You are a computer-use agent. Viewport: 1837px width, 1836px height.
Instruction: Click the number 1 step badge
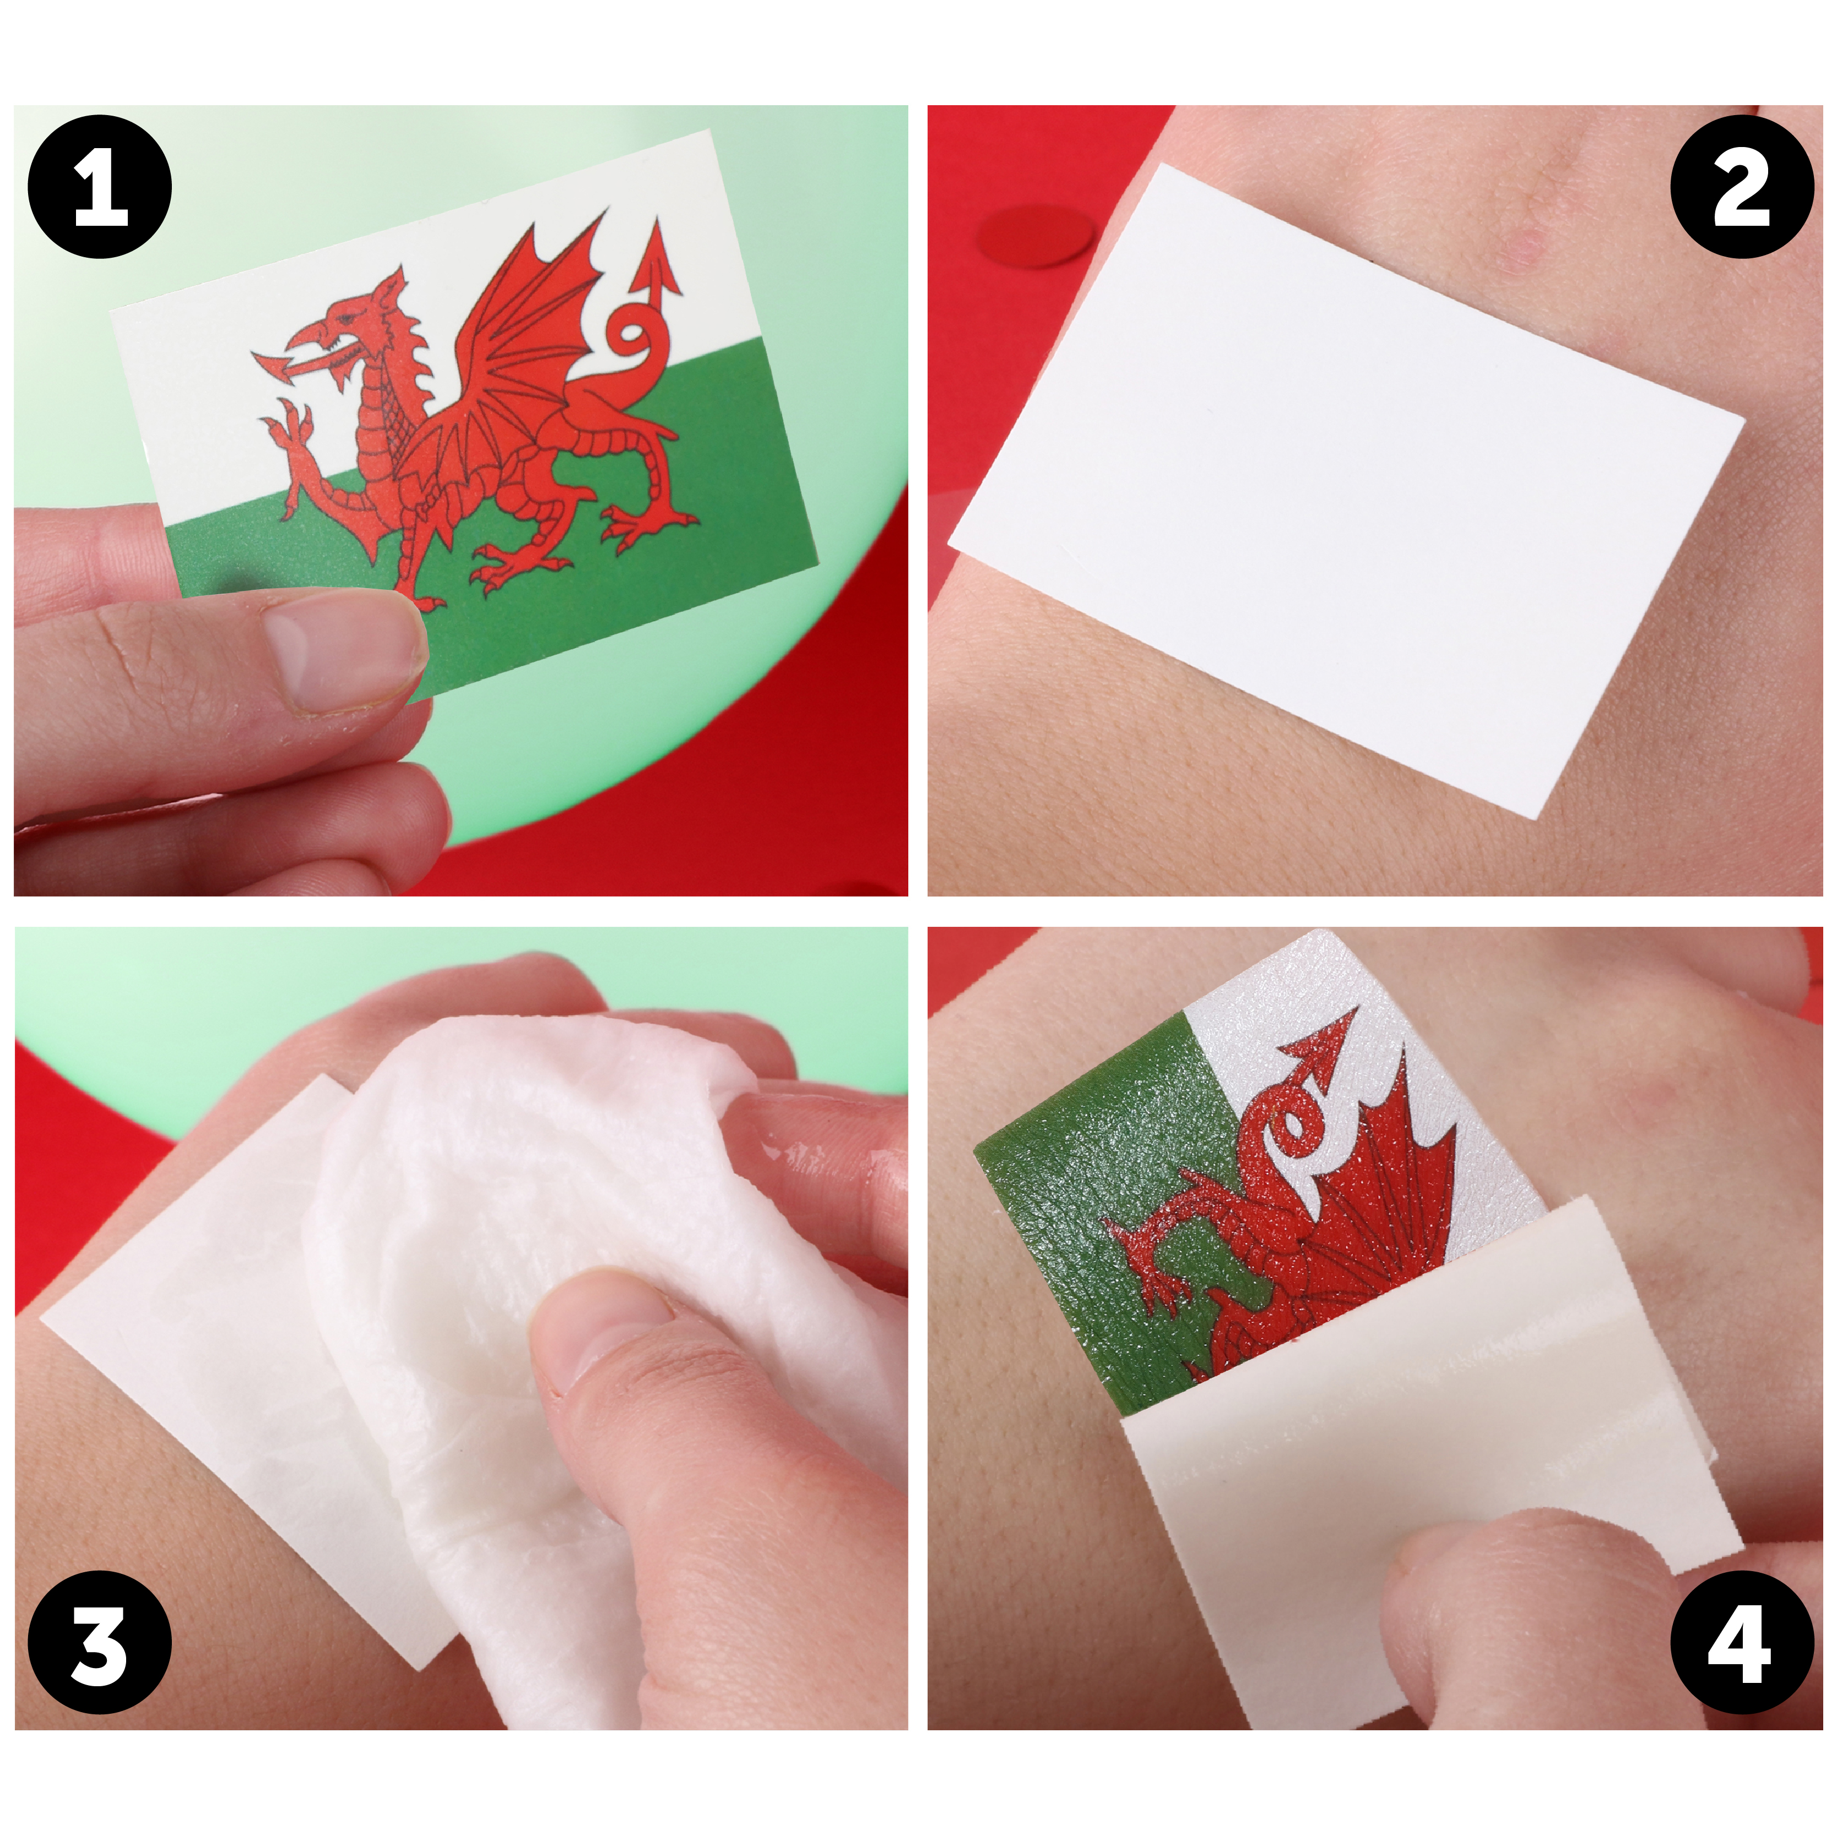[x=101, y=186]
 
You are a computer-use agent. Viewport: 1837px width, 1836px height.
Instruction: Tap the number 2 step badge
[x=1742, y=186]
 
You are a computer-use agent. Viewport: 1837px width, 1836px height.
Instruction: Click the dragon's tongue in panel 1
[x=276, y=363]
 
